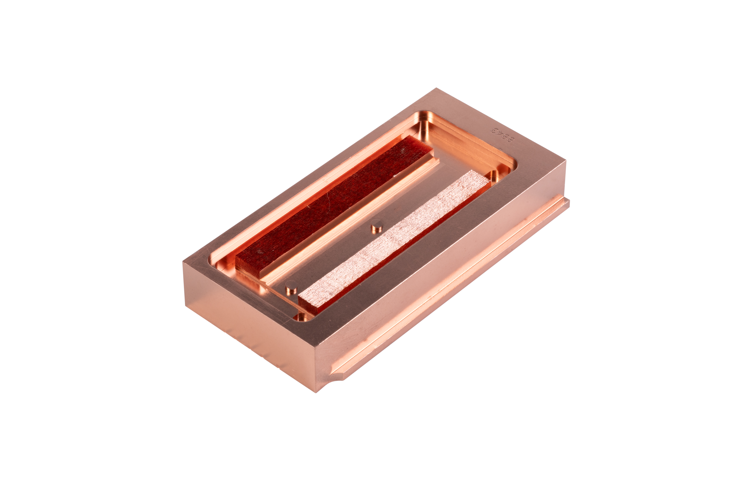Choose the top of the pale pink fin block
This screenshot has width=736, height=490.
(x=393, y=241)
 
